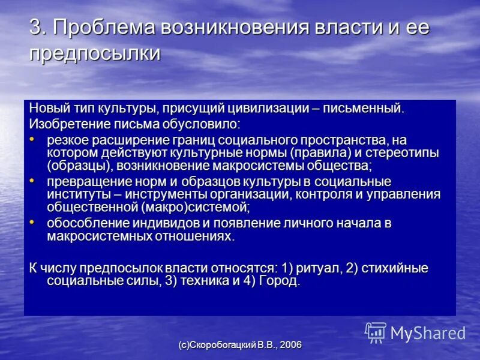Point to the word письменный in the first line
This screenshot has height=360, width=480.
(367, 109)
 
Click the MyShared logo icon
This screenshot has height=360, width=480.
(376, 332)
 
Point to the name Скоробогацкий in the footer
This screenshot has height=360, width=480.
(223, 345)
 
